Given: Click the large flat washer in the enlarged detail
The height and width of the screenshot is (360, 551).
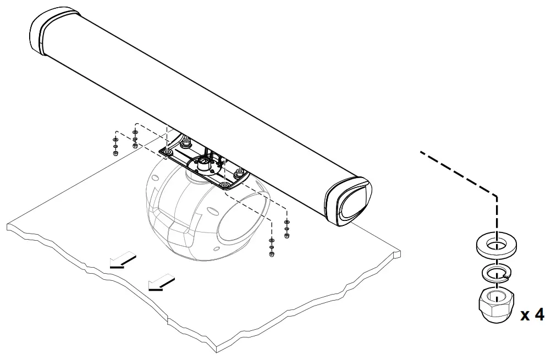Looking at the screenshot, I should coord(497,244).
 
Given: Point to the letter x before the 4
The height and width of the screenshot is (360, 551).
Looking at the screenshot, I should coord(525,316).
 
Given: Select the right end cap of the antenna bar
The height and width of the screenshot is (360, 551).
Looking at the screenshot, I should coord(349,201).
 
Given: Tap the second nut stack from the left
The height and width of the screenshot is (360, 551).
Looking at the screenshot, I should coord(135,140).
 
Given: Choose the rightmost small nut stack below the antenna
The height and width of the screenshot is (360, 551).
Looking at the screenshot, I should coord(286,229).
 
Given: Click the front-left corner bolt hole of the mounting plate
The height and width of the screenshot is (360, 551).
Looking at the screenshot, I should coord(168,151).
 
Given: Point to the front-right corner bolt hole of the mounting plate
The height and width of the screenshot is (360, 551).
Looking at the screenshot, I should coord(225,185).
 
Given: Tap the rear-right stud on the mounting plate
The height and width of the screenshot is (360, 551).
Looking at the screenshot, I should coord(239,174).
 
